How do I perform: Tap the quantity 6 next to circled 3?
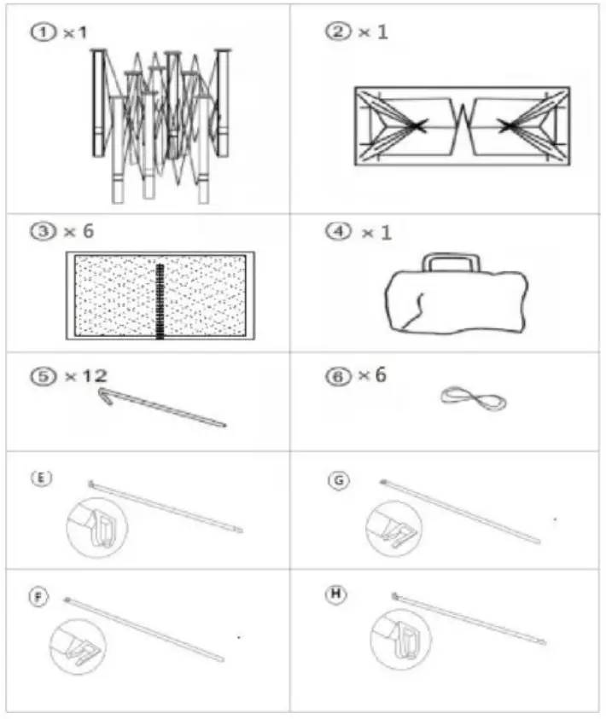point(87,232)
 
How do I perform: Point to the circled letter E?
point(39,478)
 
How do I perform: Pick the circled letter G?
point(340,481)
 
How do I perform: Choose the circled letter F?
point(38,598)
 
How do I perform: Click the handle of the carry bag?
point(451,262)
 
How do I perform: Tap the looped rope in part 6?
point(473,399)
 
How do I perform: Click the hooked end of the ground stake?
point(108,396)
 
